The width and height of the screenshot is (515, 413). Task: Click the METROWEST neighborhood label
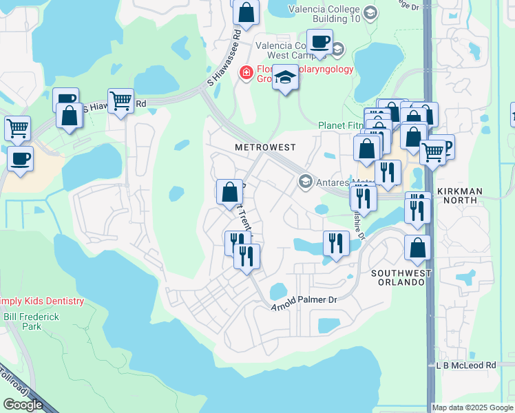[x=265, y=147]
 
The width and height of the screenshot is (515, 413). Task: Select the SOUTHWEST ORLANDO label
[x=401, y=278]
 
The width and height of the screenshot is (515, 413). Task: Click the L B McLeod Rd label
[x=466, y=365]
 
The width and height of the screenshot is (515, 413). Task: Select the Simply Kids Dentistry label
[x=41, y=301]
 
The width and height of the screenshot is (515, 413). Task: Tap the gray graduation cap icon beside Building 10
[x=370, y=13]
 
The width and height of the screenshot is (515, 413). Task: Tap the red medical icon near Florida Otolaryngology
[x=244, y=72]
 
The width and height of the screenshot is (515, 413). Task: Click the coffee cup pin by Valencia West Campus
[x=319, y=41]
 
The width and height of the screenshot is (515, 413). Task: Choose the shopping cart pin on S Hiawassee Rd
[x=120, y=100]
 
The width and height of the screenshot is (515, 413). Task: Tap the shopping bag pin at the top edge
[x=245, y=11]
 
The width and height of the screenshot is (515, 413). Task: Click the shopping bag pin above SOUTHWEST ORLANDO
[x=417, y=248]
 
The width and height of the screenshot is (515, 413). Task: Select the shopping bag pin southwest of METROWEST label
[x=229, y=192]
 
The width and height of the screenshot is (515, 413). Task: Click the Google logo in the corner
[x=23, y=405]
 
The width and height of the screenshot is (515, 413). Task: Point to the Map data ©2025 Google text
[x=472, y=407]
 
